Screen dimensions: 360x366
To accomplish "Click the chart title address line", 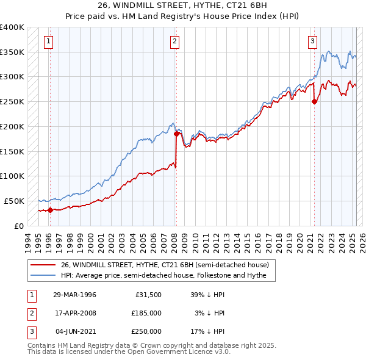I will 182,4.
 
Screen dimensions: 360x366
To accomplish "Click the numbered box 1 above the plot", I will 48,41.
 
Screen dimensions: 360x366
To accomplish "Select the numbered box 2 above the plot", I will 174,41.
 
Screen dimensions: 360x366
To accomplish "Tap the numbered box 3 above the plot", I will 312,41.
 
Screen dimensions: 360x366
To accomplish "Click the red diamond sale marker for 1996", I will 50,210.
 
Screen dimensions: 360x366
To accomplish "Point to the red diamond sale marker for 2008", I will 176,134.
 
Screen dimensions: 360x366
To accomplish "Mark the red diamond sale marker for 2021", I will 315,102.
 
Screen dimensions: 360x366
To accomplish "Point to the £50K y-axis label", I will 15,201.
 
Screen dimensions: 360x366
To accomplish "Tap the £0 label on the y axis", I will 20,226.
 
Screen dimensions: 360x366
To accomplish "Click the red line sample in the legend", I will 43,264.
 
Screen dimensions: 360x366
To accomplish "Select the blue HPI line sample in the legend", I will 43,275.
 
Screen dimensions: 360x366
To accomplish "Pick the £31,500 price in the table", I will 146,295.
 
